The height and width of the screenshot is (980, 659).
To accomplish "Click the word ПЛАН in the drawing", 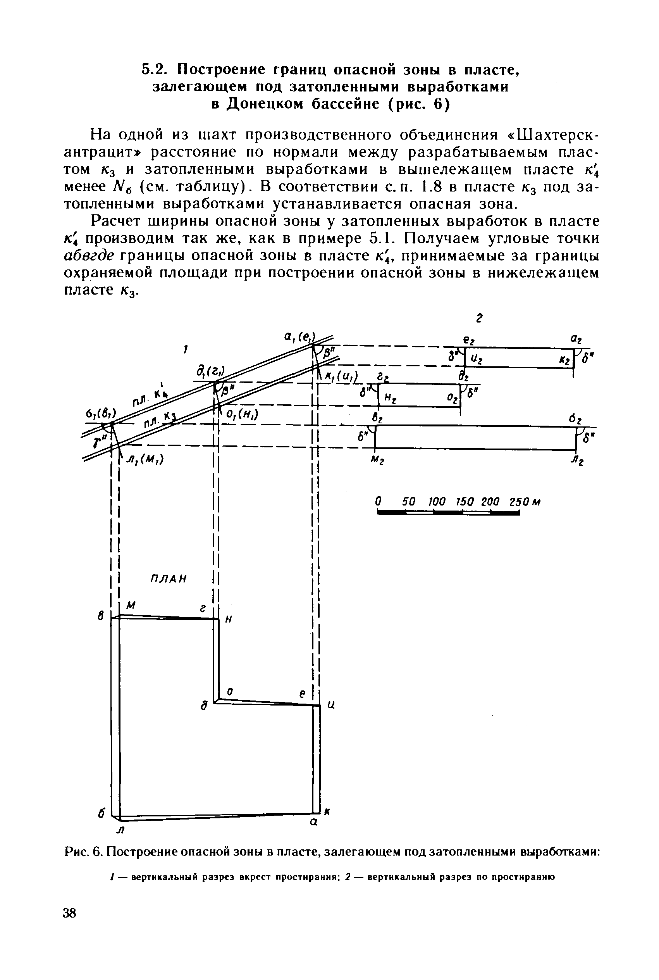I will (168, 579).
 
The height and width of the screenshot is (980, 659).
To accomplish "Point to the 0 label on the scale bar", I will (378, 502).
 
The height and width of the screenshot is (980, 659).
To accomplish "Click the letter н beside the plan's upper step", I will (229, 619).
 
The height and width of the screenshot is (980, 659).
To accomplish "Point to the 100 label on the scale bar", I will (437, 502).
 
